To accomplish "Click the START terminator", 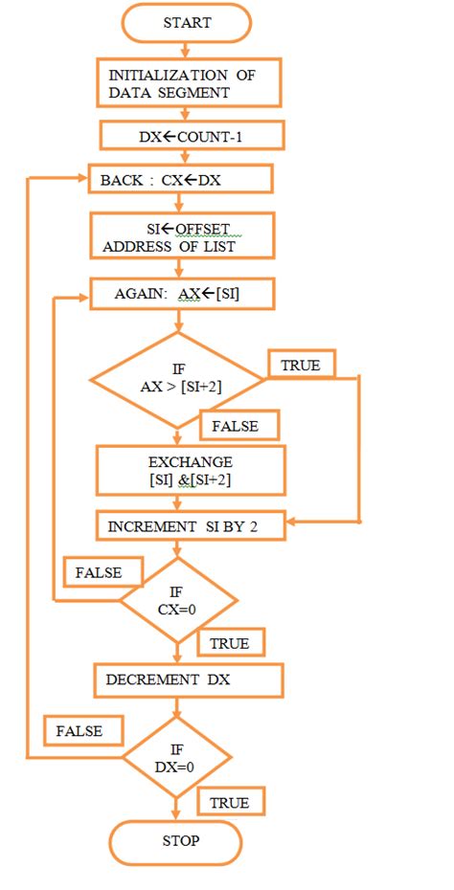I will (187, 23).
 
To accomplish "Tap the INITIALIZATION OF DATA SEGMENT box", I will (189, 84).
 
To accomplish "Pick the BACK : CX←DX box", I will (180, 179).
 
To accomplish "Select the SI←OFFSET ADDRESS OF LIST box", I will (182, 235).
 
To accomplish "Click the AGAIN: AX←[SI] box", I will (182, 294).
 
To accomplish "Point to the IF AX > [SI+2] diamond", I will (177, 380).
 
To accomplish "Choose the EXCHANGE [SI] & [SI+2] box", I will (191, 469).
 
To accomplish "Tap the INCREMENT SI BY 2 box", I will (191, 525).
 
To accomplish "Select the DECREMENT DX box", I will (189, 680).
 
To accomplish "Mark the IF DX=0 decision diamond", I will (176, 758).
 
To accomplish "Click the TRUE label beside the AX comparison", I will (301, 365).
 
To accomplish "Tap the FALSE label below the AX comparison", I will (239, 425).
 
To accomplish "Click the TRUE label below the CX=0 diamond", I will (230, 643).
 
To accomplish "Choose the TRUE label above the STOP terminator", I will (230, 802).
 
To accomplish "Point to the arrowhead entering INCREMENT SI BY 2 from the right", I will (292, 523).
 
